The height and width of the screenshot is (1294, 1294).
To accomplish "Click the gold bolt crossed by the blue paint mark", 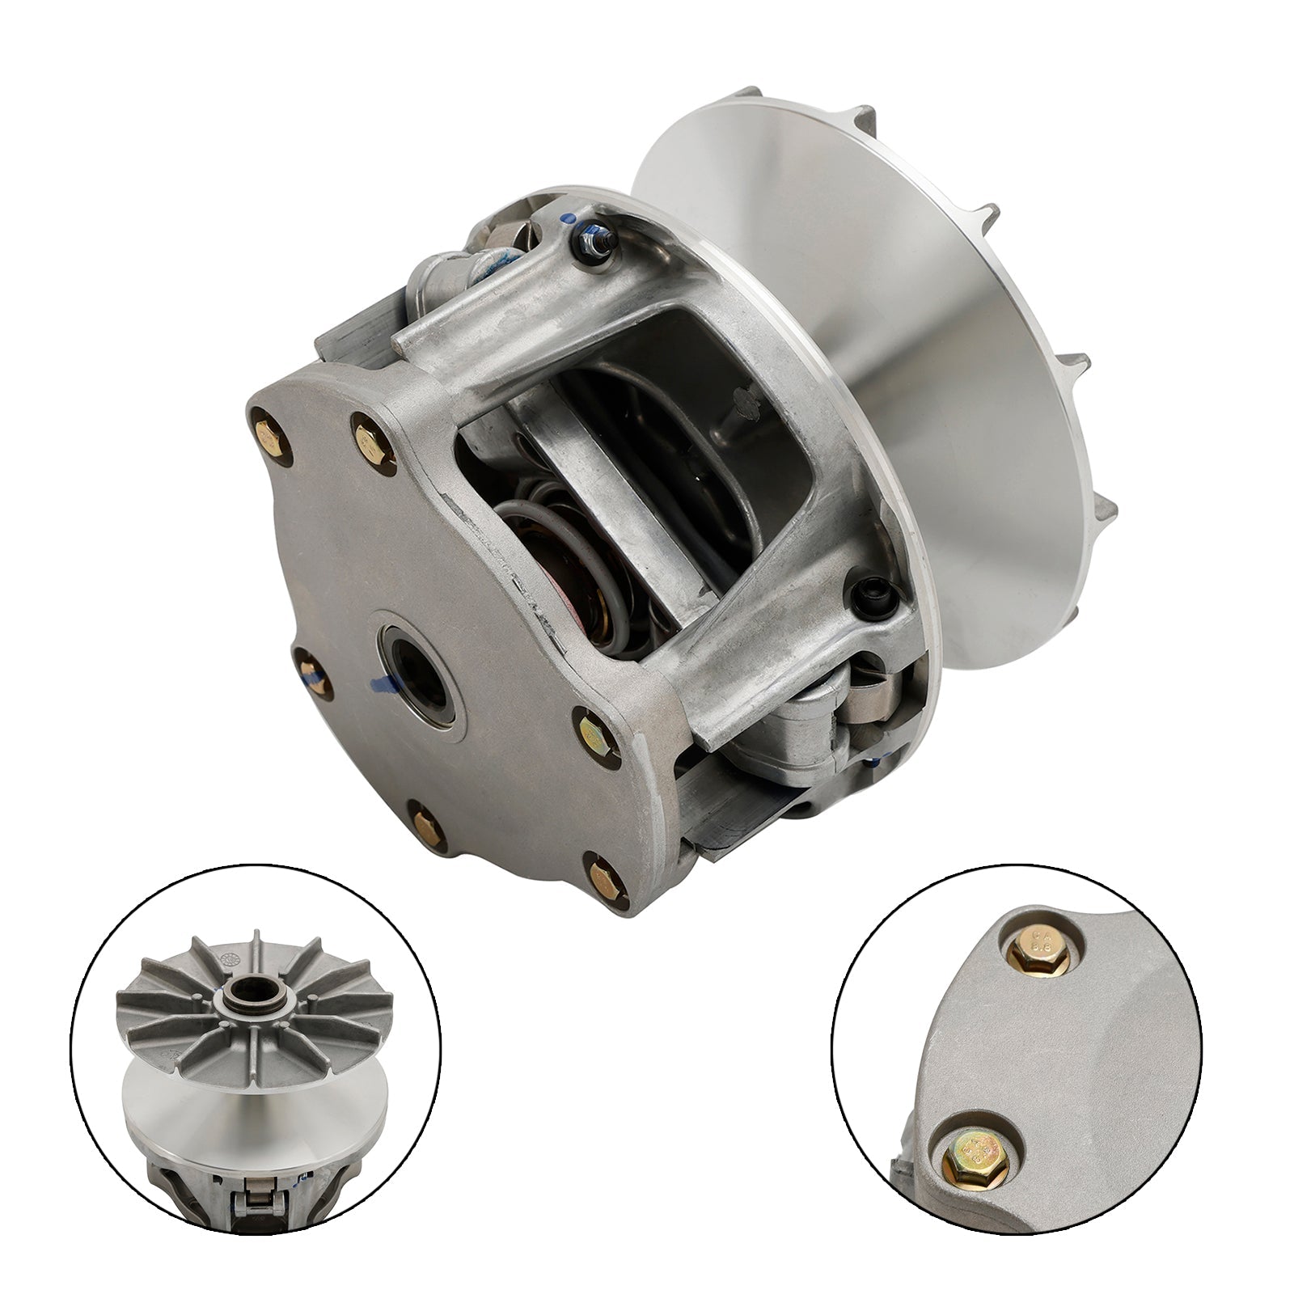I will (x=310, y=670).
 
